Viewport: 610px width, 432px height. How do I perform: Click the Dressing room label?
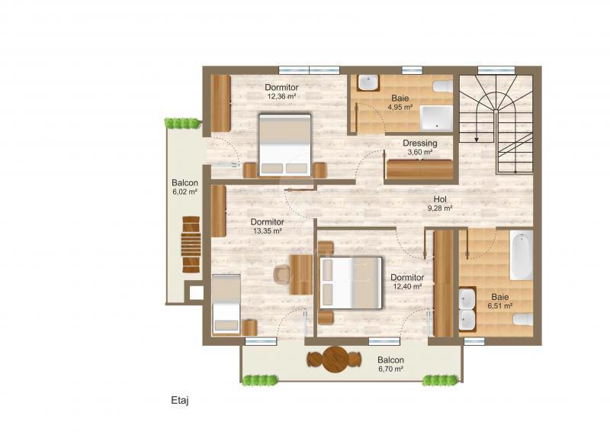(x=420, y=143)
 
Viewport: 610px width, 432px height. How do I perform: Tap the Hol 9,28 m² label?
(x=440, y=204)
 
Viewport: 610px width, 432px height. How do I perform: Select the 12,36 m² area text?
(x=281, y=96)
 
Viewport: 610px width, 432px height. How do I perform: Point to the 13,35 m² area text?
(x=268, y=231)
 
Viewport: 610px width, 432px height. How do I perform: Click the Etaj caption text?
(x=180, y=401)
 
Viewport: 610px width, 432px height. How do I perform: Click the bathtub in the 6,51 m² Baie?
(x=521, y=255)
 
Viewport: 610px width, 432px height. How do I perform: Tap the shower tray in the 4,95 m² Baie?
(x=436, y=118)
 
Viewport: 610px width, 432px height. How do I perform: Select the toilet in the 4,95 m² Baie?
(x=443, y=86)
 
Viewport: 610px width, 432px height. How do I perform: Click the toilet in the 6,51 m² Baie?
(x=522, y=320)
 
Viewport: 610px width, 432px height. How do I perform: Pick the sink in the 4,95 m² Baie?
(x=368, y=82)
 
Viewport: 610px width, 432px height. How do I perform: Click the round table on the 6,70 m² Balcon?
(x=334, y=359)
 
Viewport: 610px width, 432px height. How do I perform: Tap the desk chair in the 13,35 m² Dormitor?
(x=281, y=273)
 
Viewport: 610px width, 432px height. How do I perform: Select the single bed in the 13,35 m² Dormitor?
(x=226, y=304)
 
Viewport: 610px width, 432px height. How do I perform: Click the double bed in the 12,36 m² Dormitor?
(x=285, y=145)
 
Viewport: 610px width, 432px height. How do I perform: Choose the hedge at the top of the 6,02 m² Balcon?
(x=182, y=123)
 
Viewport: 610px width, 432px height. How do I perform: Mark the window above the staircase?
(x=496, y=70)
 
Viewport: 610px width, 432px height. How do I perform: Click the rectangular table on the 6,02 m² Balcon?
(x=191, y=244)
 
